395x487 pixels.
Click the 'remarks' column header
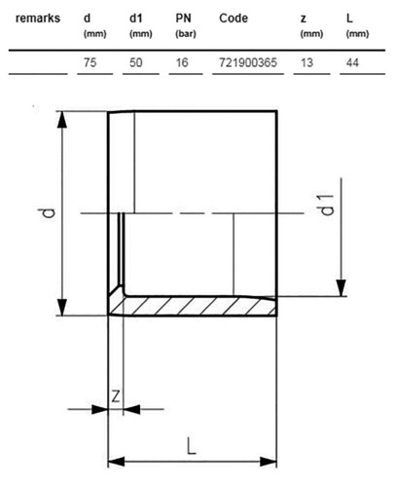pyautogui.click(x=38, y=19)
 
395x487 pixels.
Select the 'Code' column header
pyautogui.click(x=233, y=19)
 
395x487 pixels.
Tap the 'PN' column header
pyautogui.click(x=183, y=19)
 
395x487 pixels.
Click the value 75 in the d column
pyautogui.click(x=90, y=62)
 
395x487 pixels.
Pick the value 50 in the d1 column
pyautogui.click(x=136, y=62)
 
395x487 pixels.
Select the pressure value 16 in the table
pyautogui.click(x=182, y=62)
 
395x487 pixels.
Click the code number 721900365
pyautogui.click(x=248, y=62)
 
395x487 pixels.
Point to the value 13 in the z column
pyautogui.click(x=306, y=62)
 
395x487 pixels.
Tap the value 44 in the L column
pyautogui.click(x=352, y=62)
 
